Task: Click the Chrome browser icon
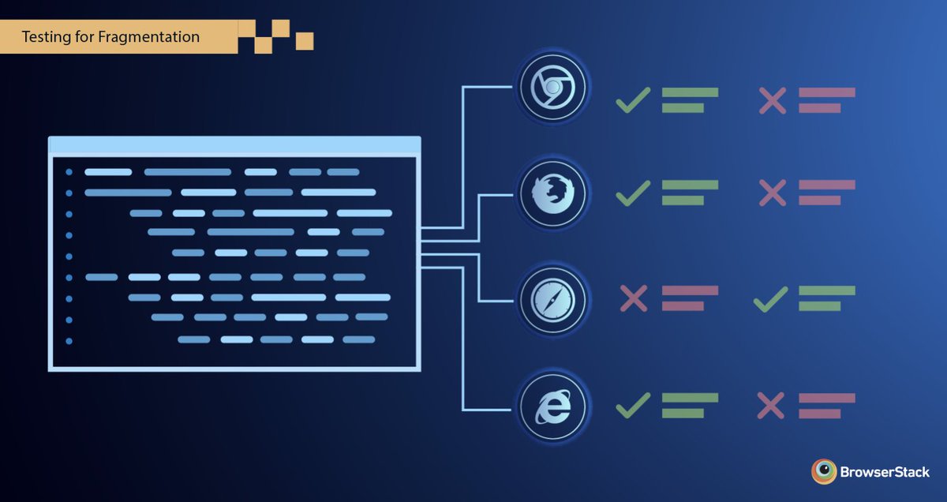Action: [552, 88]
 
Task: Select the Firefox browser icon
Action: [552, 194]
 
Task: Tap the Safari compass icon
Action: [552, 300]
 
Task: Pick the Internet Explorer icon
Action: [552, 406]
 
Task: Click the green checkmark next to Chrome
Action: [633, 100]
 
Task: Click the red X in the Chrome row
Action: [772, 100]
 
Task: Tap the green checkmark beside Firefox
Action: [633, 193]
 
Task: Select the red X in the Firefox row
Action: [772, 193]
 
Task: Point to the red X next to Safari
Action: [633, 298]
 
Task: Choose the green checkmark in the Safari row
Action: [770, 298]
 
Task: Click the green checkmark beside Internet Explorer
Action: [633, 406]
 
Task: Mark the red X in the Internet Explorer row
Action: [771, 406]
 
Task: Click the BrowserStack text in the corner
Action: [885, 472]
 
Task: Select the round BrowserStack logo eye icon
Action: [824, 471]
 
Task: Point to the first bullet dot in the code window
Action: [69, 171]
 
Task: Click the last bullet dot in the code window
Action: [69, 341]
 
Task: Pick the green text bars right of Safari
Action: [825, 298]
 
